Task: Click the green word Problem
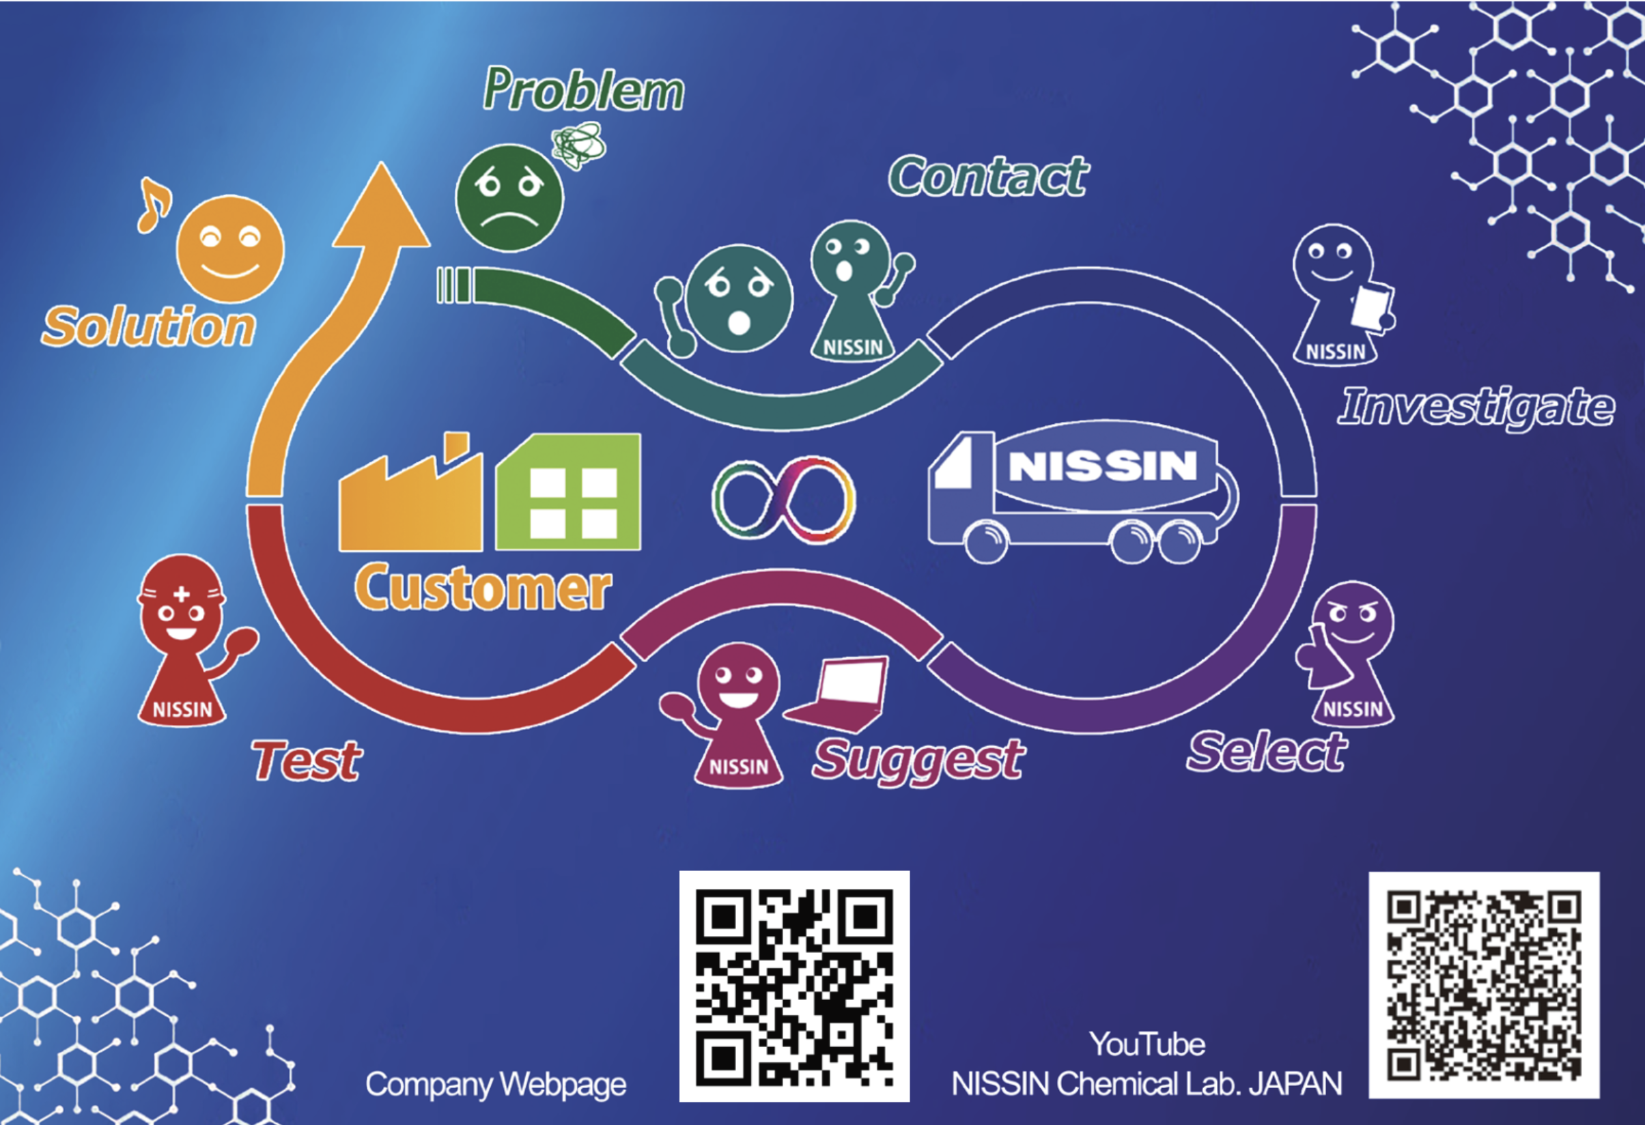(x=583, y=91)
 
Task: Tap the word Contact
(x=988, y=177)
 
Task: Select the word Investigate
(x=1476, y=407)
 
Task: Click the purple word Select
(x=1267, y=752)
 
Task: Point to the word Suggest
(x=918, y=760)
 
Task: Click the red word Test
(x=307, y=761)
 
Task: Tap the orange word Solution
(x=148, y=327)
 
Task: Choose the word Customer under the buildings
(x=483, y=588)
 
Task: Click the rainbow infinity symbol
(x=783, y=500)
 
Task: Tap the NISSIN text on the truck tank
(x=1102, y=466)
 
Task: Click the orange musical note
(x=154, y=205)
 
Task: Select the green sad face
(x=509, y=198)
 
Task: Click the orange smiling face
(x=230, y=249)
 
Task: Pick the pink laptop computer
(x=843, y=694)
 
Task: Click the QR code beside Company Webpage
(x=794, y=986)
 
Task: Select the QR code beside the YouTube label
(x=1484, y=985)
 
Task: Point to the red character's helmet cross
(x=182, y=594)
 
